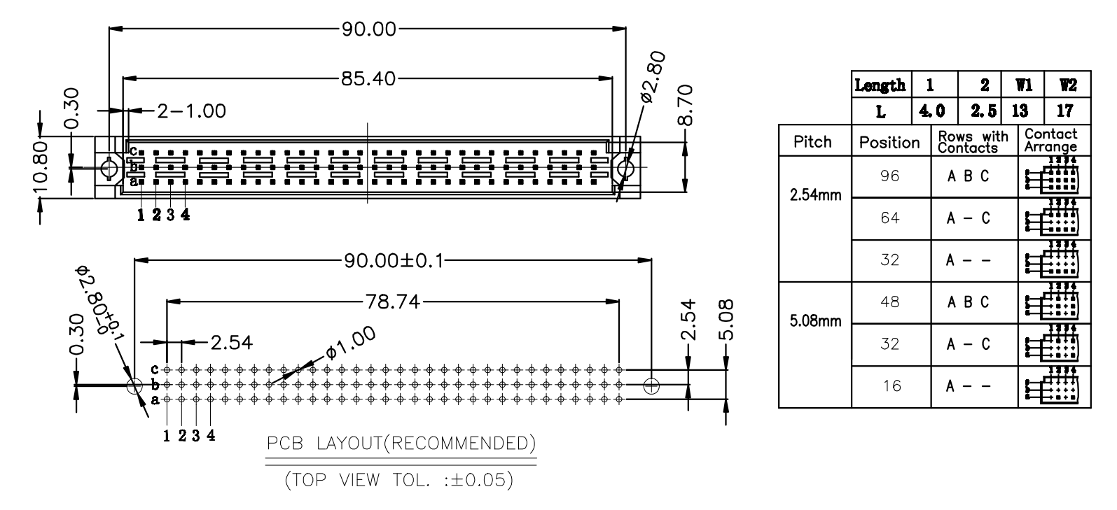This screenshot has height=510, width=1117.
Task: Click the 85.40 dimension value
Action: pos(368,78)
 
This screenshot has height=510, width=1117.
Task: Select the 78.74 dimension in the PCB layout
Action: pos(393,302)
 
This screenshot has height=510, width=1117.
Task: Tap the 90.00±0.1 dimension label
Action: pos(394,261)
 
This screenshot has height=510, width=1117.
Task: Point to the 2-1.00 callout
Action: pos(191,111)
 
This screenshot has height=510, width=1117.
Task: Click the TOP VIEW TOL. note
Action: pos(401,481)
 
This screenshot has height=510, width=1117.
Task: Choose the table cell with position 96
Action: pos(891,176)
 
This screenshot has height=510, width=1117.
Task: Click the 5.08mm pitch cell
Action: pos(815,323)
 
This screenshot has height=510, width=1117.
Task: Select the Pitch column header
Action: pos(814,142)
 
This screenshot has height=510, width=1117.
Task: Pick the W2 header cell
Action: pos(1067,85)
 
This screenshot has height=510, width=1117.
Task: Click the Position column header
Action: pos(890,142)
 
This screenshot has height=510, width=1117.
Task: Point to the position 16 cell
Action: pos(891,386)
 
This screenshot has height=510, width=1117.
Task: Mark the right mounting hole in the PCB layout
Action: pos(651,385)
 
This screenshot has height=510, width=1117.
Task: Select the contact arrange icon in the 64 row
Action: pos(1053,218)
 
